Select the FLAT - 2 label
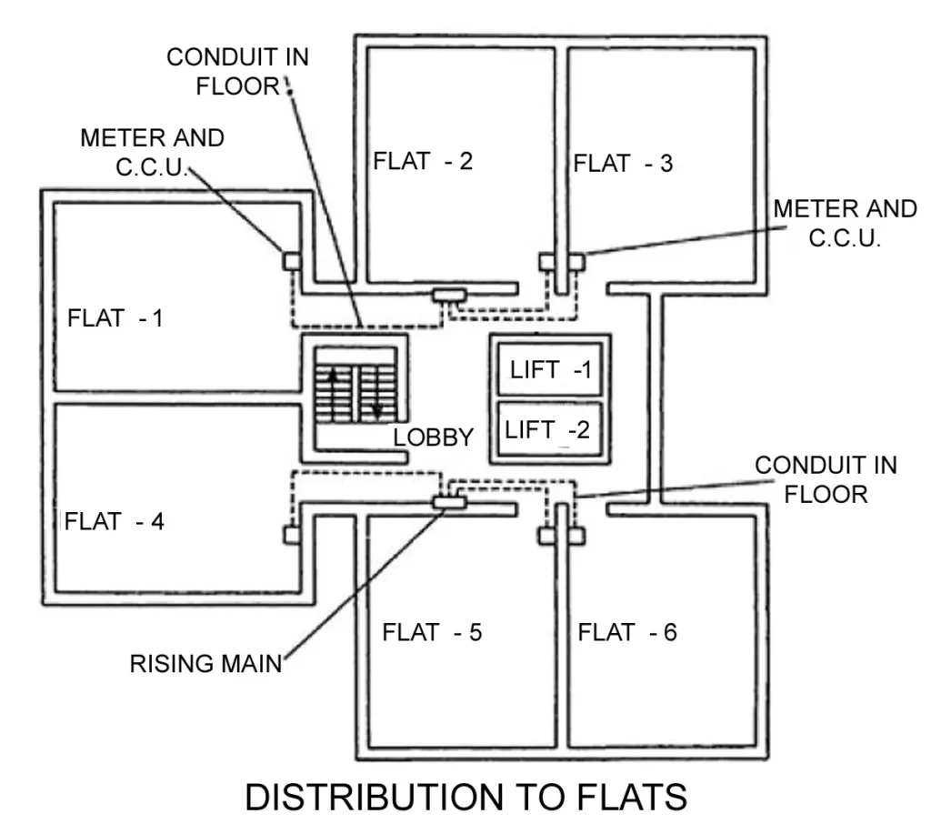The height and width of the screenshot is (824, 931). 423,162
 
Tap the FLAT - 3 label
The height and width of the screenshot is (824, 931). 623,164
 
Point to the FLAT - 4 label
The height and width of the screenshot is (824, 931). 115,522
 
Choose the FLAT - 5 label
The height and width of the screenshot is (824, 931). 432,631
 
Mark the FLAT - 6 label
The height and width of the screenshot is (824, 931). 627,631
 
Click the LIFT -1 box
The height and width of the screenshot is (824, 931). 550,371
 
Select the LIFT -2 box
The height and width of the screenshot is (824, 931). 548,429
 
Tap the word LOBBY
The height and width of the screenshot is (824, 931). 433,437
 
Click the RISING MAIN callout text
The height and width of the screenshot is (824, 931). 205,662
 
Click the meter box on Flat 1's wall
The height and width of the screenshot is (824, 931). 292,261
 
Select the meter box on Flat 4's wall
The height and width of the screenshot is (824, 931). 292,535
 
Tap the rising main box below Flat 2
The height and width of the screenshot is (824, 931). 448,295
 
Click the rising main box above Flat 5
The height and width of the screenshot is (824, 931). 447,501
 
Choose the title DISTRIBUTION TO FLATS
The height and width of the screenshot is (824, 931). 465,797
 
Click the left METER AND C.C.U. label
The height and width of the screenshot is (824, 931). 152,152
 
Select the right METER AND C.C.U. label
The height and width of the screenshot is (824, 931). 845,223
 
